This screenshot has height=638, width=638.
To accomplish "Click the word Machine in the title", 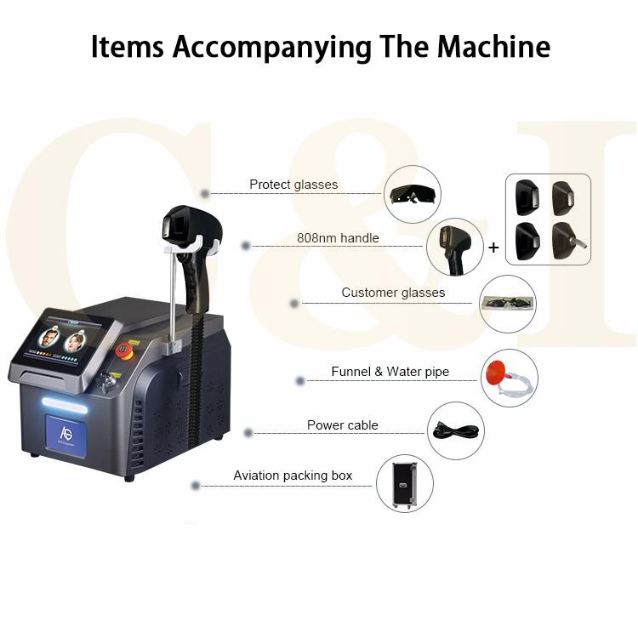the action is pyautogui.click(x=493, y=47).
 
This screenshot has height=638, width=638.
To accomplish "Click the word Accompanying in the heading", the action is pyautogui.click(x=272, y=48).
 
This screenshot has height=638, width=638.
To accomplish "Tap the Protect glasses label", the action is pyautogui.click(x=293, y=185).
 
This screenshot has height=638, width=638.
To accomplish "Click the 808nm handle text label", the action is pyautogui.click(x=338, y=237).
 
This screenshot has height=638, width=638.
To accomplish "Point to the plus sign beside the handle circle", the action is pyautogui.click(x=493, y=247).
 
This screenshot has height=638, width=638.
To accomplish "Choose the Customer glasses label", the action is pyautogui.click(x=393, y=292).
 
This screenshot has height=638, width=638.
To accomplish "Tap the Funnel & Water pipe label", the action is pyautogui.click(x=390, y=371).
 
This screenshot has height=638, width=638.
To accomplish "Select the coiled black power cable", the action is pyautogui.click(x=456, y=430).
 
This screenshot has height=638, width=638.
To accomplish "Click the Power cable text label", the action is pyautogui.click(x=342, y=424).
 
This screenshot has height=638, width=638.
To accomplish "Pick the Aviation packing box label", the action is pyautogui.click(x=293, y=476).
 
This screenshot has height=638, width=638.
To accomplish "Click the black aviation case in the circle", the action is pyautogui.click(x=404, y=485).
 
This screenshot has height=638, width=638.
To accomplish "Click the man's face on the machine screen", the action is pyautogui.click(x=49, y=339).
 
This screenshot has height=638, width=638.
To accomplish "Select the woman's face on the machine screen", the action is pyautogui.click(x=75, y=343).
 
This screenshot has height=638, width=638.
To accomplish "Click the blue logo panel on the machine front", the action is pyautogui.click(x=66, y=435).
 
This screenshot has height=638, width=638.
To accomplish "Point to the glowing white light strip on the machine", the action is pyautogui.click(x=65, y=405).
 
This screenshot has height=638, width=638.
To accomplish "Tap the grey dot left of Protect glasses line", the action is pyautogui.click(x=205, y=194).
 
